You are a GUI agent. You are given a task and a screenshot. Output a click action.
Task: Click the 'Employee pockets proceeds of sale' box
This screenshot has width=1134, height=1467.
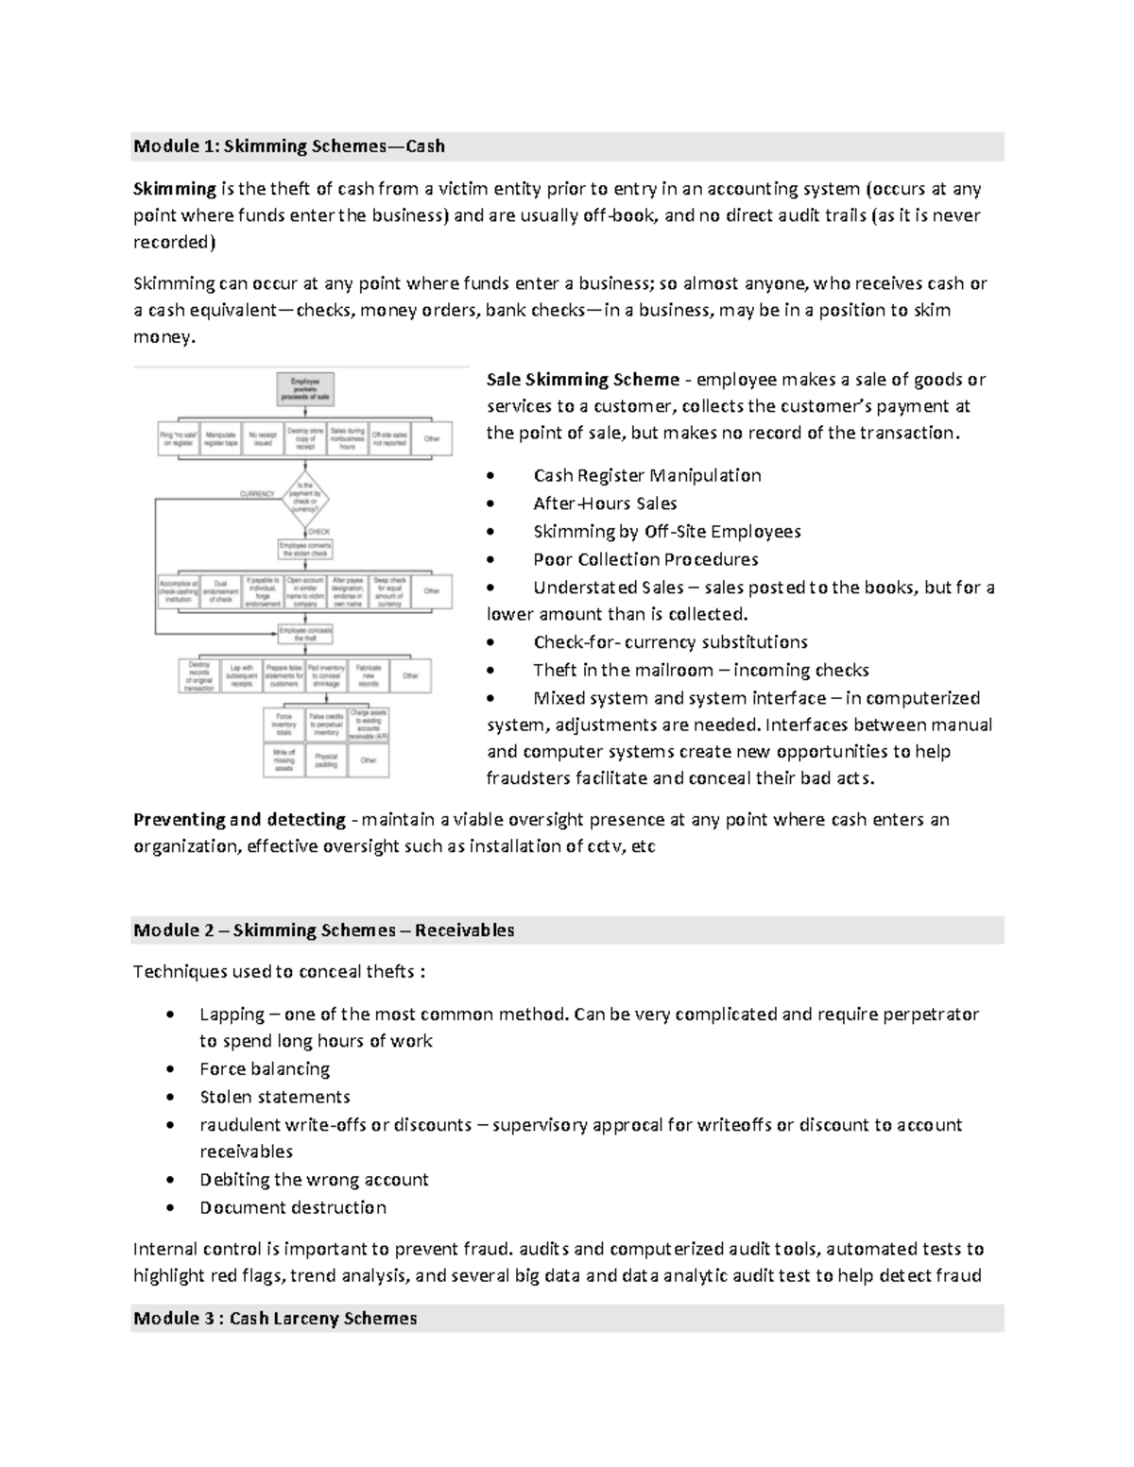(304, 389)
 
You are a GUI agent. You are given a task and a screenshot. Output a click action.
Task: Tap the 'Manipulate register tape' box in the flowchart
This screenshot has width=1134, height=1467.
(220, 439)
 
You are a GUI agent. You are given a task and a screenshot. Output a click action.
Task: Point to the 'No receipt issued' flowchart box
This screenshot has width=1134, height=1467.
(263, 439)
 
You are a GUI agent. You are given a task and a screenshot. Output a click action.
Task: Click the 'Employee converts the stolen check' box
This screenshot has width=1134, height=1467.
(304, 549)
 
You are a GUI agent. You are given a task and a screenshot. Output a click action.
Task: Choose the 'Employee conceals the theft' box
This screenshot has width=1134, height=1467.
(304, 633)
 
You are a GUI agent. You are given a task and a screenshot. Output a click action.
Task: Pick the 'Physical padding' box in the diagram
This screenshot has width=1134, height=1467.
(326, 760)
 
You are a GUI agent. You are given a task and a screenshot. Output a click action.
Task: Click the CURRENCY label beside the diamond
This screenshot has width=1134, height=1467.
(256, 494)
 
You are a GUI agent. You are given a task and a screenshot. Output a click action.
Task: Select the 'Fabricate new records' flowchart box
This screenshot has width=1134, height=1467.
(369, 675)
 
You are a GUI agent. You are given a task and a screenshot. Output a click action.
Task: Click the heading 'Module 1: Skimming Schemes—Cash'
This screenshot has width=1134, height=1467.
(289, 146)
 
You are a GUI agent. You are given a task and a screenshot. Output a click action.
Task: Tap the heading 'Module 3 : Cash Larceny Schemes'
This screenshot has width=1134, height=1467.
(275, 1318)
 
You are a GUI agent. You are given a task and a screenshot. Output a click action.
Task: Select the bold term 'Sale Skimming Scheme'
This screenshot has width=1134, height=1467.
(582, 380)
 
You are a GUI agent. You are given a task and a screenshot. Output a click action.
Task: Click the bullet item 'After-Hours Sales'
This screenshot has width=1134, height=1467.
(605, 503)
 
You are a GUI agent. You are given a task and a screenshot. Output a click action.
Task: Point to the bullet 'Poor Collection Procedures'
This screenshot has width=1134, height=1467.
(645, 559)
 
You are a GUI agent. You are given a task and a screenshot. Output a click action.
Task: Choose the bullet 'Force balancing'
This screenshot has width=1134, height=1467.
(265, 1069)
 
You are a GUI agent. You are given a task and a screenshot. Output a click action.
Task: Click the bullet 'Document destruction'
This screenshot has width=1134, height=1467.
(293, 1207)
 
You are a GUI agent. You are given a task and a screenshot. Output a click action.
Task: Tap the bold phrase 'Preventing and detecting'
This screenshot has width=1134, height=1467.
(239, 819)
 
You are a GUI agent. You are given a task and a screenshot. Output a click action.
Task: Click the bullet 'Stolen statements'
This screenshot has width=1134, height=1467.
(275, 1097)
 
